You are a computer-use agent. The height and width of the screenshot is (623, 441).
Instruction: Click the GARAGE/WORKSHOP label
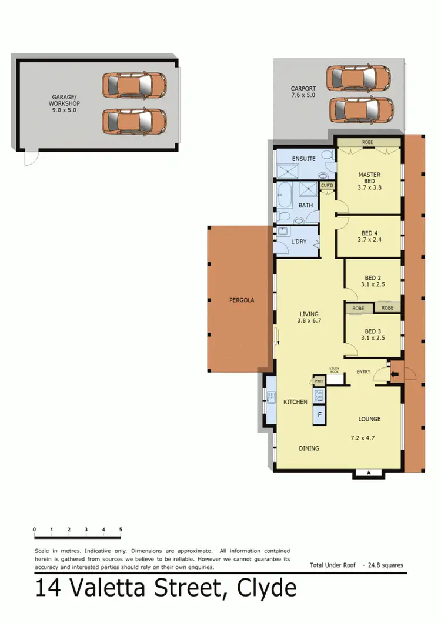(64, 104)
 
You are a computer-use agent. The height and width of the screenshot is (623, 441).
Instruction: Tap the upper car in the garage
(134, 86)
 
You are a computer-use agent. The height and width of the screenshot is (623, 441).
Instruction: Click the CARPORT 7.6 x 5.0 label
(303, 92)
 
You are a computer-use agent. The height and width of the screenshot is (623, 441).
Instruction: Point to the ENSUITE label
(304, 159)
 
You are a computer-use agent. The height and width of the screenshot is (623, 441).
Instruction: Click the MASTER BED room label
(369, 181)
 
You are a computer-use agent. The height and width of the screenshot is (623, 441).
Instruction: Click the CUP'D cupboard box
(327, 186)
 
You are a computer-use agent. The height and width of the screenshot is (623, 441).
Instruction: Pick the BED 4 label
(369, 236)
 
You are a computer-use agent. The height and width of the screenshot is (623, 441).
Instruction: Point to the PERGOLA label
(241, 300)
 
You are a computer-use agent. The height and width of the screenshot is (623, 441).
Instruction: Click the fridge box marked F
(320, 414)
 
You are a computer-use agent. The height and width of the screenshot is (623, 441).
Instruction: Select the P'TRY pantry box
(319, 381)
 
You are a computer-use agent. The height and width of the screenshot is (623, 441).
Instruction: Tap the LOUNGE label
(370, 419)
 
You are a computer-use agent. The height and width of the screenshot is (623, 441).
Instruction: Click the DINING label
(309, 448)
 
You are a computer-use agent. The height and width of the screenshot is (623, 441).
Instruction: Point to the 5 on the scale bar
(121, 530)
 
